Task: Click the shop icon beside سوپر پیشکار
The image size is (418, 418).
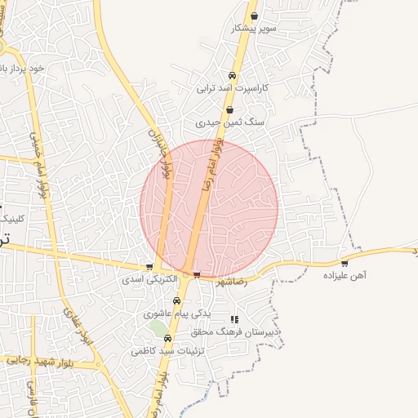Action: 255,16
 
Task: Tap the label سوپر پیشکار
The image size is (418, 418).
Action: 255,28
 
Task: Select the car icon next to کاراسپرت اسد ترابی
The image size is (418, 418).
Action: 232,76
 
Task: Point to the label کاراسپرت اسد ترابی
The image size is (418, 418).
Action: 233,87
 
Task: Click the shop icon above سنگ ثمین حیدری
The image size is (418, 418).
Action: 229,109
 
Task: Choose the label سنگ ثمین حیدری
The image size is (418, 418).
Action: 230,122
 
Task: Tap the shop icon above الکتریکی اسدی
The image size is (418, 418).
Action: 149,267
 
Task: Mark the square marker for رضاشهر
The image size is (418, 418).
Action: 196,275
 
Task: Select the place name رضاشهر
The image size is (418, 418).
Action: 230,283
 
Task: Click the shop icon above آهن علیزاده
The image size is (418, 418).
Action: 345,263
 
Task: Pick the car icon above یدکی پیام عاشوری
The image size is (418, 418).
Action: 177,300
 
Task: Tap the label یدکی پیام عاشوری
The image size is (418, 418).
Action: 177,313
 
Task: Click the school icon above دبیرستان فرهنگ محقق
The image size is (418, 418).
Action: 235,319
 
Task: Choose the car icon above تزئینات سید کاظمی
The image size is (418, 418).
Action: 167,338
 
